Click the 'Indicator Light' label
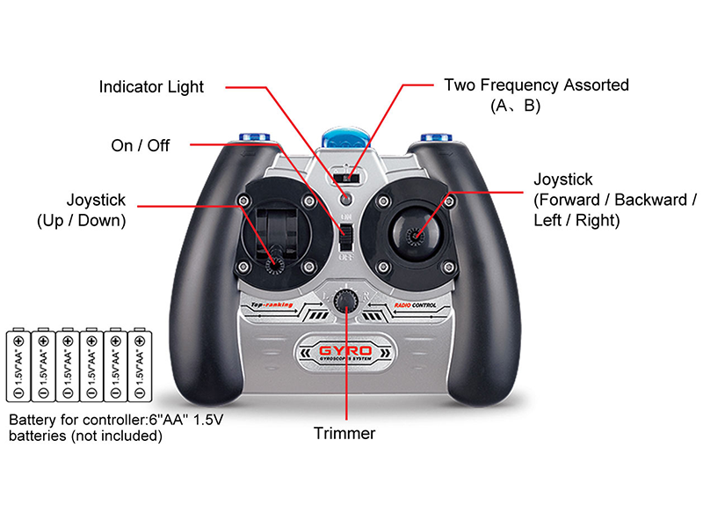151,87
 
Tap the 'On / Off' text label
141,145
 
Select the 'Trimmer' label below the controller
344,433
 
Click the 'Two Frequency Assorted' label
536,85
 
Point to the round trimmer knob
348,301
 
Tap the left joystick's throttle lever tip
274,261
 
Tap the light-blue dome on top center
344,139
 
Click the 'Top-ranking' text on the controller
271,304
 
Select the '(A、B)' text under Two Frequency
515,106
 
